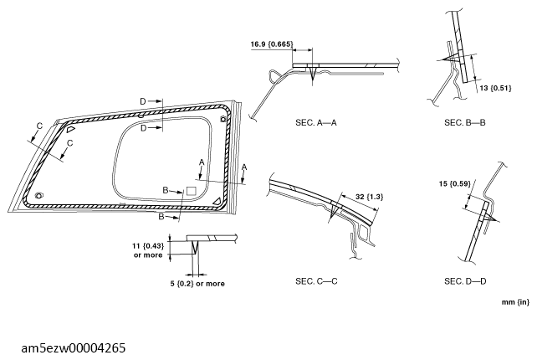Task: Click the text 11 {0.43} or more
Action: pyautogui.click(x=149, y=249)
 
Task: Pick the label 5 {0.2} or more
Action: pyautogui.click(x=197, y=283)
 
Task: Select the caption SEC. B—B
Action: pyautogui.click(x=464, y=123)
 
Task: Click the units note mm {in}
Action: pyautogui.click(x=515, y=301)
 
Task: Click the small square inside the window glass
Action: pyautogui.click(x=190, y=192)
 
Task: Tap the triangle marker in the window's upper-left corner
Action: pyautogui.click(x=71, y=131)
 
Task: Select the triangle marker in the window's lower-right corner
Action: pyautogui.click(x=217, y=201)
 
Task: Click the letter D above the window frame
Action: pyautogui.click(x=143, y=101)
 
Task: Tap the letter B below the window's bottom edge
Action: pyautogui.click(x=159, y=216)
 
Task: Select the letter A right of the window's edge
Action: pyautogui.click(x=243, y=167)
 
